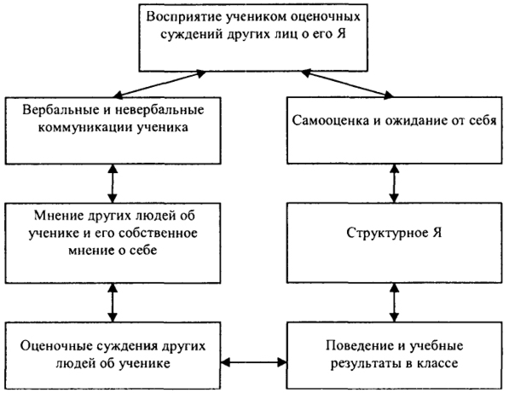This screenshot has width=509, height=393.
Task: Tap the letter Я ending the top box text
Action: pos(340,34)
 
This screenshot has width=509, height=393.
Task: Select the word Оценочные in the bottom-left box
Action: pos(55,346)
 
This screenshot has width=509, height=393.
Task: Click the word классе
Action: pos(437,363)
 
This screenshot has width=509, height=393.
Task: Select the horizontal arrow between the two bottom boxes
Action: pos(254,361)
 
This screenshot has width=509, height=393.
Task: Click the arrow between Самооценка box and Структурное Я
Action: pos(394,183)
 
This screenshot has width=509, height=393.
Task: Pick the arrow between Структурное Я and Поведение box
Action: pos(394,303)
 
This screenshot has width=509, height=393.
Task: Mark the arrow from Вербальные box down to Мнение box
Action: pos(113,183)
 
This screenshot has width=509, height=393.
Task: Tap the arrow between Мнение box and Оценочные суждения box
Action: pos(113,303)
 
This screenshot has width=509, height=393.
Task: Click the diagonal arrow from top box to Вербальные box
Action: pos(159,84)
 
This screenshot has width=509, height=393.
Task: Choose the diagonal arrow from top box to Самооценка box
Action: pos(347,84)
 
